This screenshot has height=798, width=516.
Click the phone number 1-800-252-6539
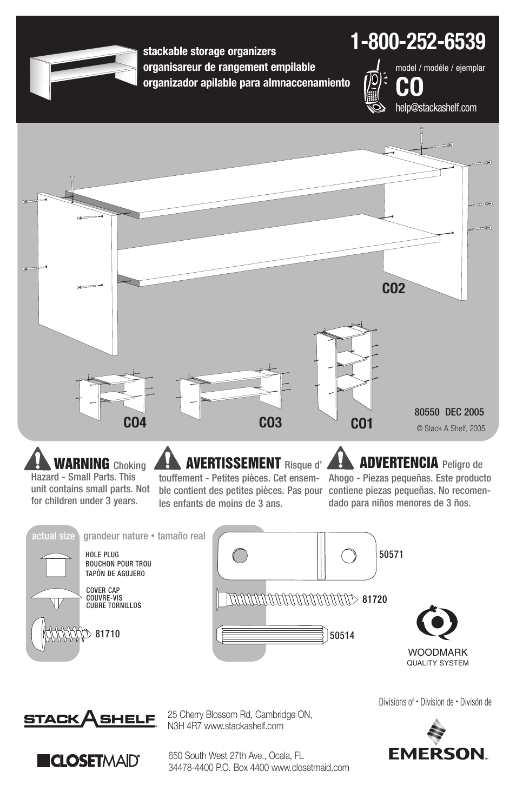418,42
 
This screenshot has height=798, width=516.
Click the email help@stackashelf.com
436,108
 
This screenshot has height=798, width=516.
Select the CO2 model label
393,289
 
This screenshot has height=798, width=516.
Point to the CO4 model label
135,423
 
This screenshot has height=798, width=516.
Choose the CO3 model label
270,423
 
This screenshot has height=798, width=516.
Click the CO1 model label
361,424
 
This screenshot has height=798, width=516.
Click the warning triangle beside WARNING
37,459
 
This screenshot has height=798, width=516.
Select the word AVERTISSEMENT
233,463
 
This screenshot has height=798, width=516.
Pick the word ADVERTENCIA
399,463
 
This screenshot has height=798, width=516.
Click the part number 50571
391,555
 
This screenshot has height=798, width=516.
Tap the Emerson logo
438,741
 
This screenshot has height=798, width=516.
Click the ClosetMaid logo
88,760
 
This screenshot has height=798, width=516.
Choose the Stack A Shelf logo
90,720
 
